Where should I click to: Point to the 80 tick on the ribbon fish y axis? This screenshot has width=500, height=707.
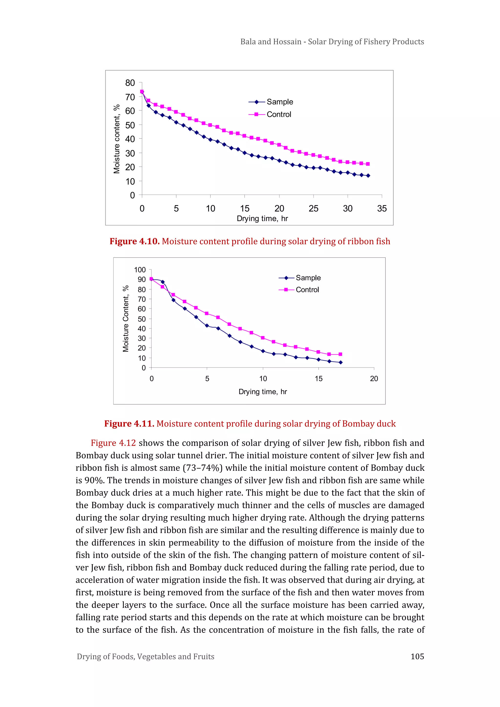(x=130, y=83)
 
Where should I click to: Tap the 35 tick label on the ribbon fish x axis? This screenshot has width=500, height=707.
(x=382, y=209)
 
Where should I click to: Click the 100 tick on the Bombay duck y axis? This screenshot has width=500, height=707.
(x=140, y=270)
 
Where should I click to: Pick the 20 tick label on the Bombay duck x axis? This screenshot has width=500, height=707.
(x=374, y=379)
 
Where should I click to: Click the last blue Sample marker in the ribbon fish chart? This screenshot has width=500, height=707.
(x=368, y=176)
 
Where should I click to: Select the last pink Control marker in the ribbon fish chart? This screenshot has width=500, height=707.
(x=368, y=164)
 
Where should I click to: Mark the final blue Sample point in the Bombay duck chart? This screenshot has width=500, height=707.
(x=341, y=362)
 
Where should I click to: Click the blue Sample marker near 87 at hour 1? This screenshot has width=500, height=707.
(x=163, y=282)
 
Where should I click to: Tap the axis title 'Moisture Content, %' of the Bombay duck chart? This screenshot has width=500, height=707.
(x=126, y=319)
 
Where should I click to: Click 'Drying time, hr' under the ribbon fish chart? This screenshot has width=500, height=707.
(x=262, y=219)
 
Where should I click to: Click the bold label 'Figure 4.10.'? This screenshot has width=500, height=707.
(x=135, y=242)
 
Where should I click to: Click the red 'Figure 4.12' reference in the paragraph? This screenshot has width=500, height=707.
(x=113, y=443)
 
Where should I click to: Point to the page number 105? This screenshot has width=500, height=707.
(x=417, y=656)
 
